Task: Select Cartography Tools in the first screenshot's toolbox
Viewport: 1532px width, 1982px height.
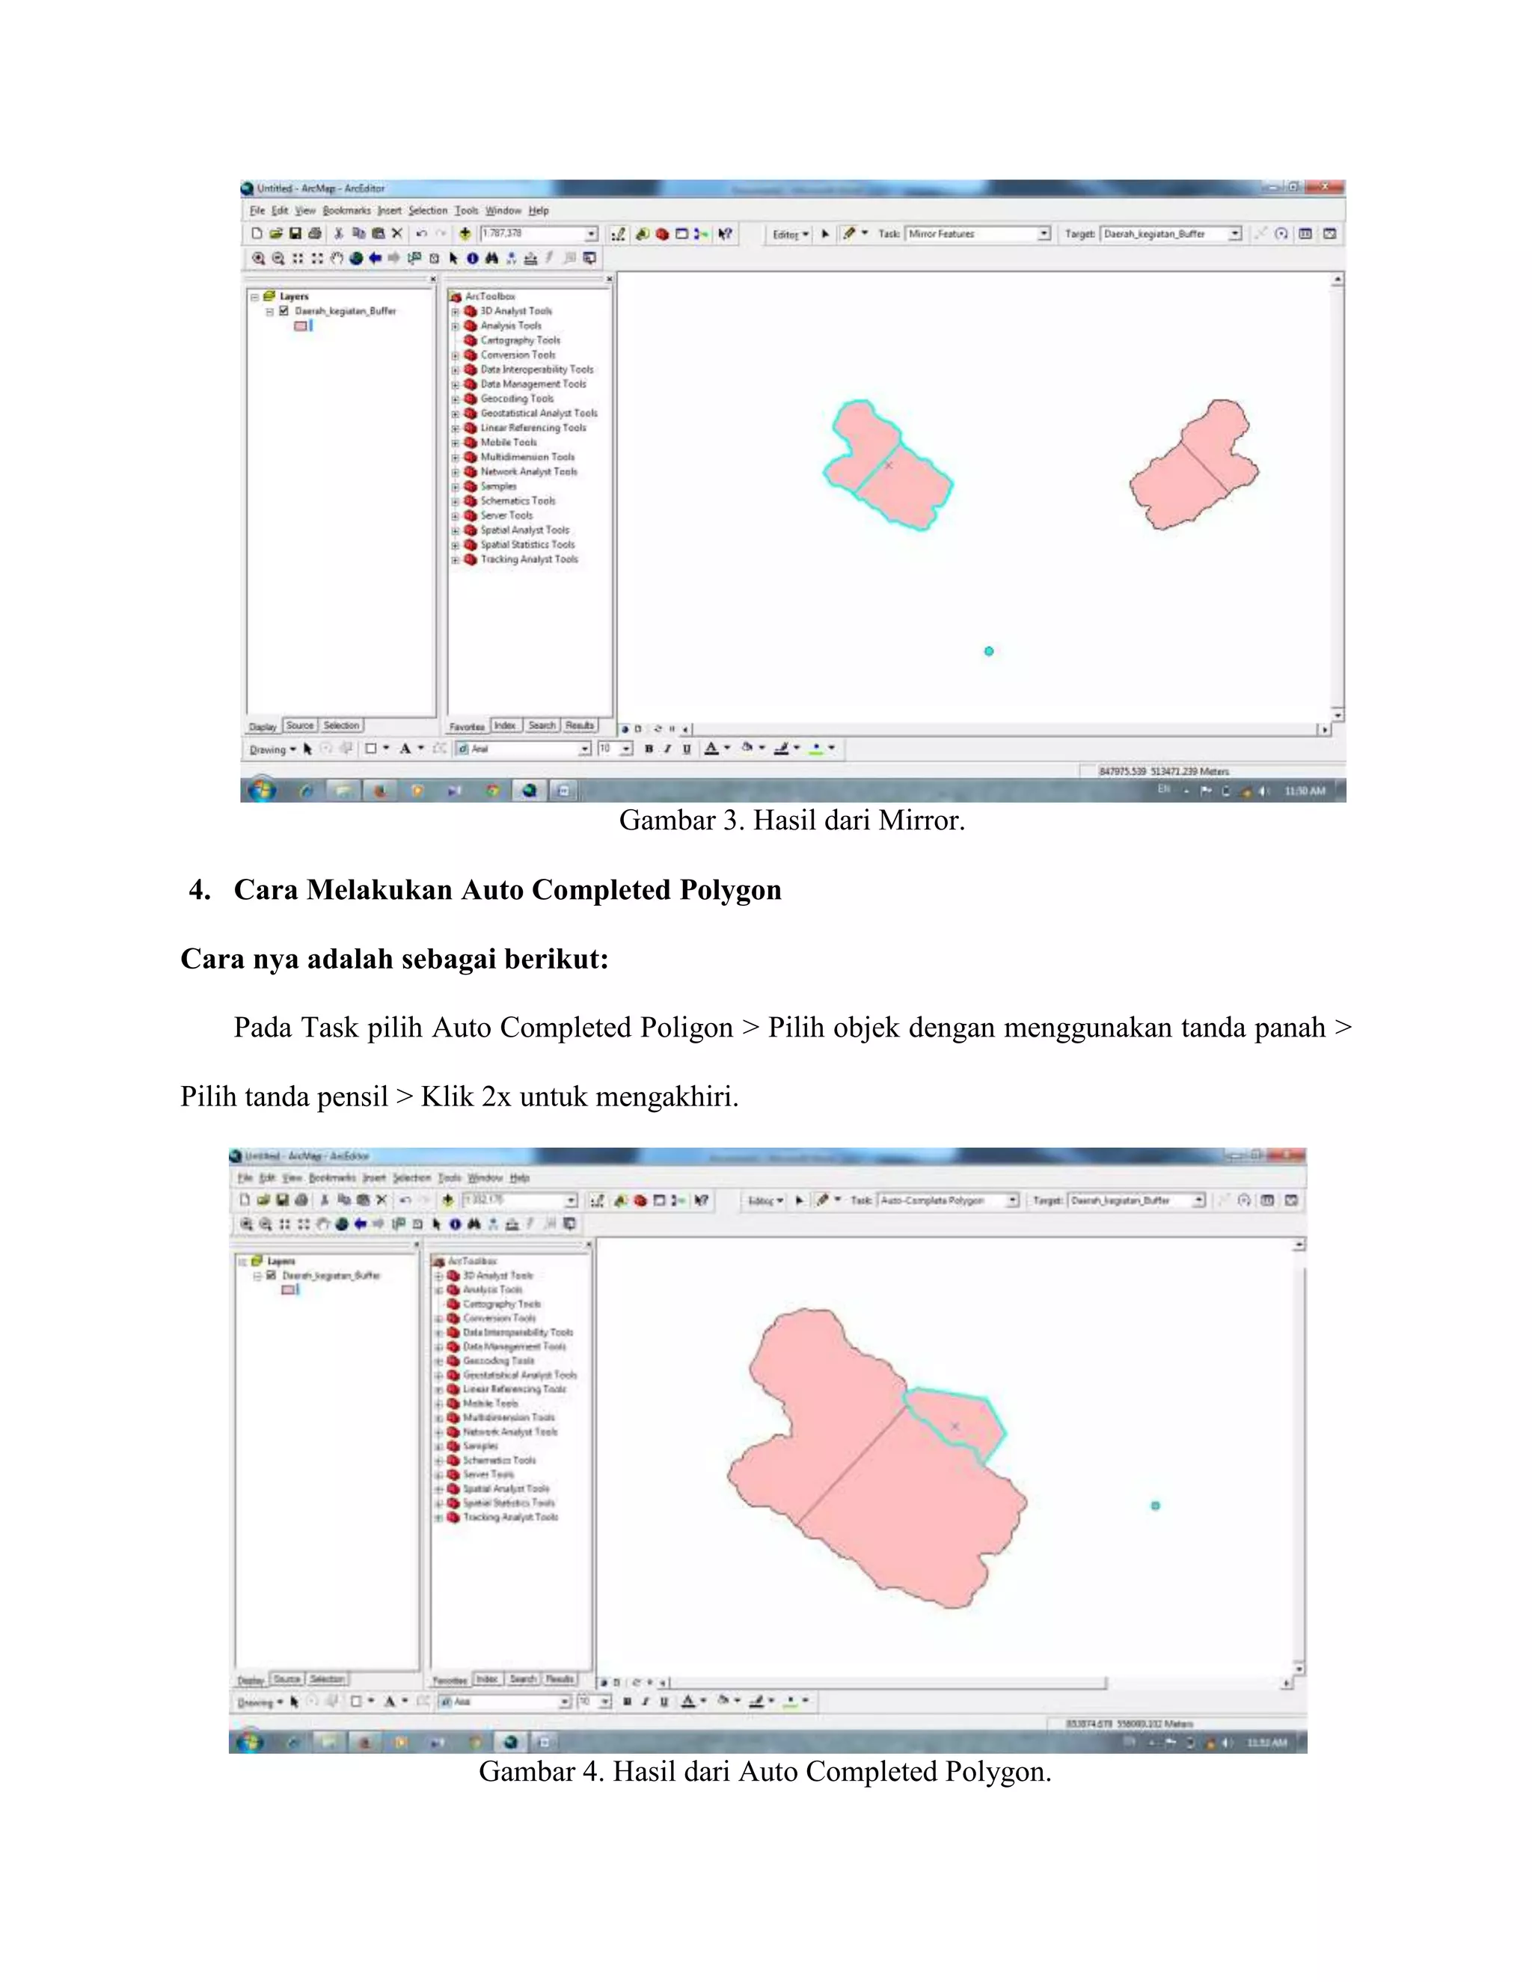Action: coord(520,340)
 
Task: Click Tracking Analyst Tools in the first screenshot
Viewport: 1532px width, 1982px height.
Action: coord(528,559)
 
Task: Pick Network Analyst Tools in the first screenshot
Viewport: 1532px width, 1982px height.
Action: coord(528,472)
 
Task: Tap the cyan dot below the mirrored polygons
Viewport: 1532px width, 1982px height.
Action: coord(989,651)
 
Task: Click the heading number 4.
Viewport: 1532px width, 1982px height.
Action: coord(200,889)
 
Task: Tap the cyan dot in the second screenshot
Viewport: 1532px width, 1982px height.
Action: coord(1155,1506)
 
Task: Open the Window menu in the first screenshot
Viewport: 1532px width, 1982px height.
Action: coord(503,211)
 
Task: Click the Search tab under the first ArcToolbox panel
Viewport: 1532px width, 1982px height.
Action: coord(542,725)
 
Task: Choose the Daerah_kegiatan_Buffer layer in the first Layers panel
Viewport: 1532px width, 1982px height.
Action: coord(345,310)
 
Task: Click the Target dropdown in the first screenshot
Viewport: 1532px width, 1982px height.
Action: coord(1171,234)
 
